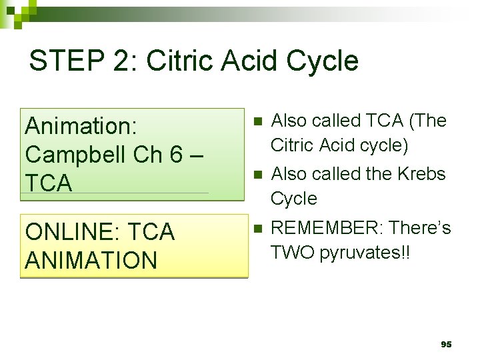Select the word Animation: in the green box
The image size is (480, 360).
pos(81,125)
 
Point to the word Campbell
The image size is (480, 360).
pos(73,154)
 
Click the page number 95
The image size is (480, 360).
pos(446,345)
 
